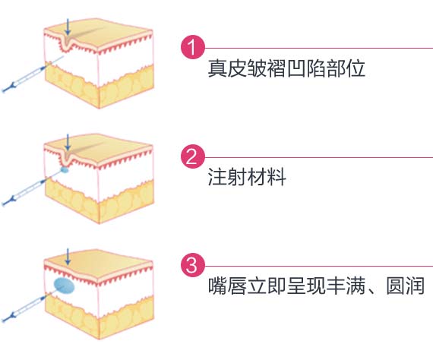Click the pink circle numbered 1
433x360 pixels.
pos(193,47)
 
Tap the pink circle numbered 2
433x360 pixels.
pos(193,156)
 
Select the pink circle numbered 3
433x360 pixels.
pos(193,266)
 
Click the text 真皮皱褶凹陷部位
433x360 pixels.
pos(286,68)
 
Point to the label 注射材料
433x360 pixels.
pos(247,177)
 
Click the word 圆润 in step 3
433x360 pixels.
pos(405,285)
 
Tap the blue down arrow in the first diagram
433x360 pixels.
pos(68,27)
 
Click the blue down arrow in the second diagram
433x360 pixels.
pos(68,142)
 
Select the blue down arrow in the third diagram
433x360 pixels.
pos(68,257)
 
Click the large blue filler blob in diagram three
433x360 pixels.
pos(64,286)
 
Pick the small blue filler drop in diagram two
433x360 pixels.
pos(65,169)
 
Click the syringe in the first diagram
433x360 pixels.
pos(33,74)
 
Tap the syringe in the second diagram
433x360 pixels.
pos(32,188)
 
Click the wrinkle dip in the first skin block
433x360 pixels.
pos(66,45)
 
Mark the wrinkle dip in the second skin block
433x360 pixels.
pos(66,160)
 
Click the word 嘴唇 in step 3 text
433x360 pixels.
pos(226,285)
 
